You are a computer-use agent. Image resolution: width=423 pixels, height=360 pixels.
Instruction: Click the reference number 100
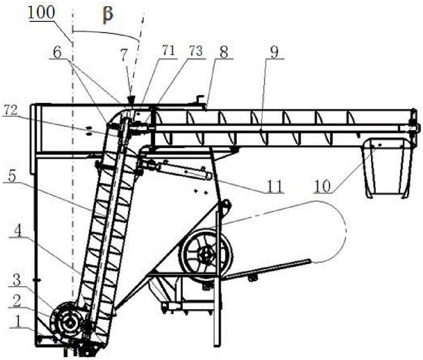[x=41, y=12]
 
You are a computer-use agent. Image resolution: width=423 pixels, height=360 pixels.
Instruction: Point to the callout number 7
[x=124, y=55]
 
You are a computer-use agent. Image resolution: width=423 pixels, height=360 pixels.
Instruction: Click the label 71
[x=168, y=51]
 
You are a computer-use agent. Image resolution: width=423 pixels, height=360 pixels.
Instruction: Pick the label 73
[x=196, y=51]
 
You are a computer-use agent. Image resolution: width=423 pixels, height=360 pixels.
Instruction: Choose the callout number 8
[x=223, y=52]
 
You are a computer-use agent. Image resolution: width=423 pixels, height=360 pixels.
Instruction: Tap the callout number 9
[x=274, y=52]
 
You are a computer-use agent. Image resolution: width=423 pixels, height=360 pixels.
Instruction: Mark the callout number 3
[x=17, y=280]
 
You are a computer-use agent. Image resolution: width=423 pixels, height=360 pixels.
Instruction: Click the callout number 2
[x=17, y=300]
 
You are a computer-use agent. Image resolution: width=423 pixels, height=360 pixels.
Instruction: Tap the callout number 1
[x=17, y=321]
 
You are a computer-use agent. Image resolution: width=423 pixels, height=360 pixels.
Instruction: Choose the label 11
[x=275, y=186]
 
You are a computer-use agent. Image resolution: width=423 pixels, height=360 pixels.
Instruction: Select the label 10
[x=323, y=186]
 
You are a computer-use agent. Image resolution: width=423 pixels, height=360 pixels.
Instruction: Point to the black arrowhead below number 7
[x=132, y=101]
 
